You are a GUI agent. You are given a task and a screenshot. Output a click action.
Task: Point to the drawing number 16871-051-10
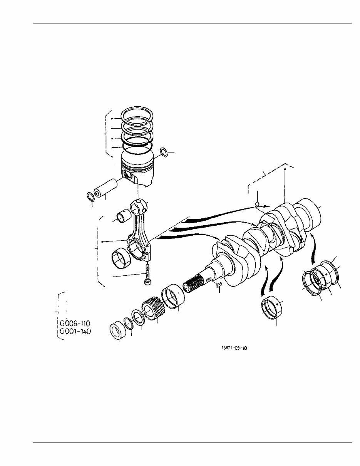point(234,348)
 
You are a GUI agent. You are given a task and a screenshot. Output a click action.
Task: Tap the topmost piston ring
point(137,114)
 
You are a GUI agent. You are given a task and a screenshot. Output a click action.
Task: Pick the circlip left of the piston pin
point(90,196)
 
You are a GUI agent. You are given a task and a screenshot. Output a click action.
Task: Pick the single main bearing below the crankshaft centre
point(274,308)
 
